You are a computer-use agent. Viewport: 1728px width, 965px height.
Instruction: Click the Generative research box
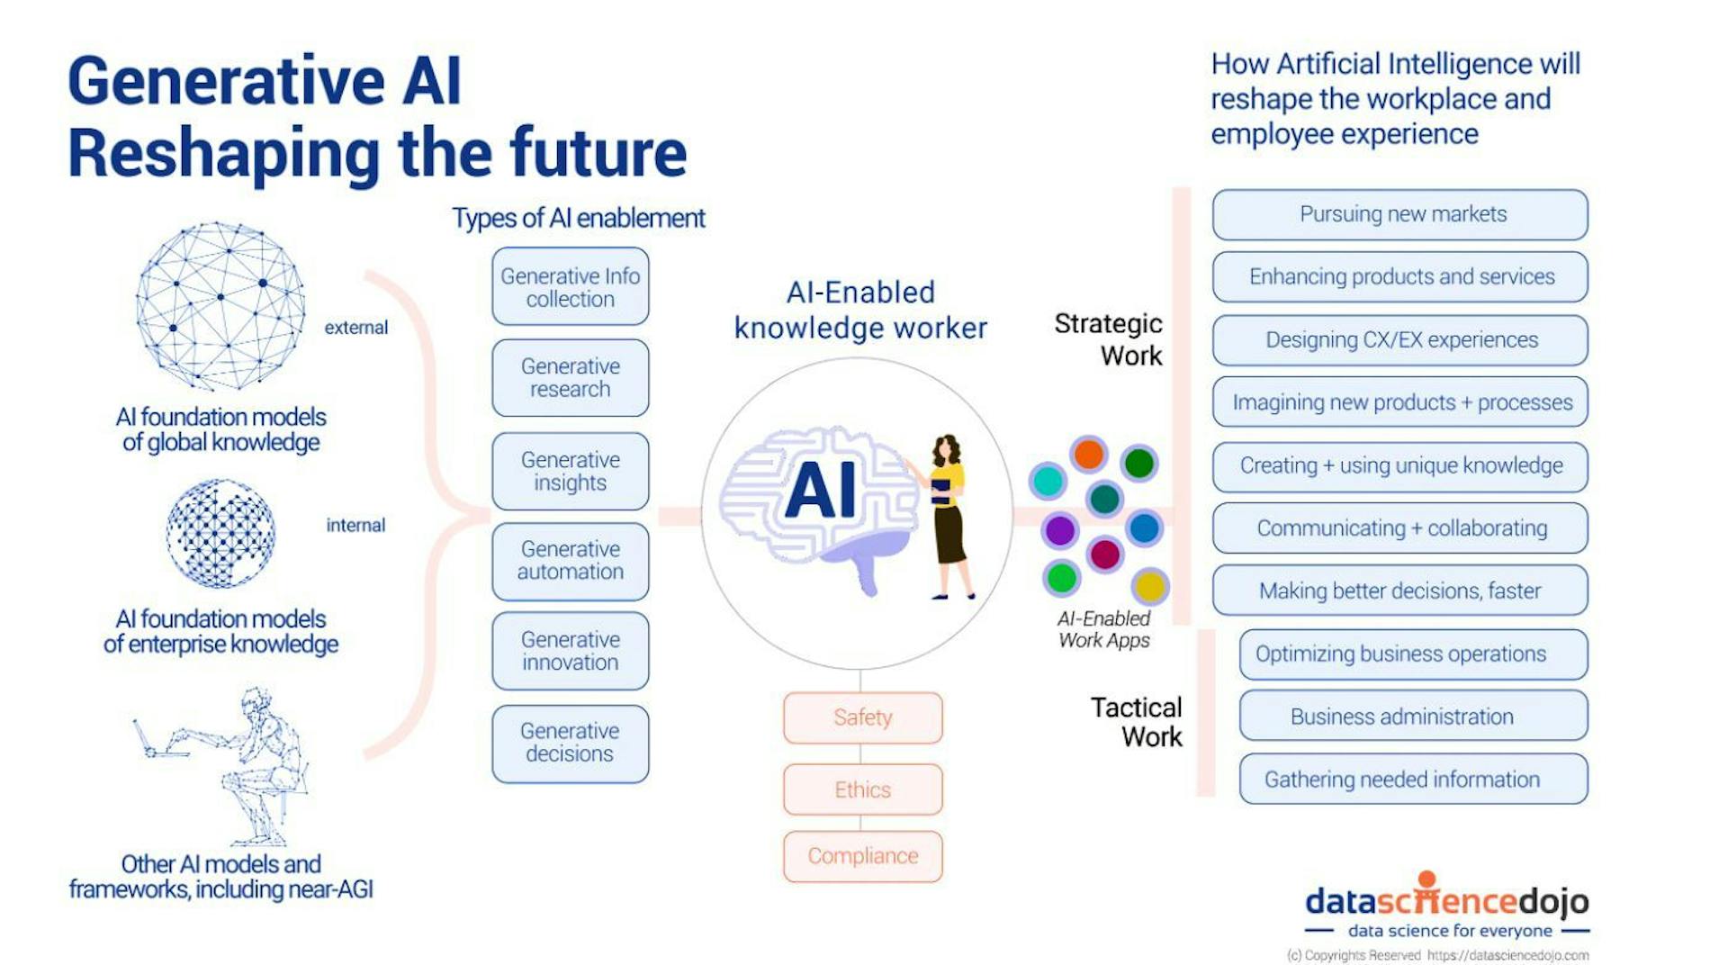tap(570, 378)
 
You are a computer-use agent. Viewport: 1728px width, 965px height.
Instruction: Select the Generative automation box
tap(570, 561)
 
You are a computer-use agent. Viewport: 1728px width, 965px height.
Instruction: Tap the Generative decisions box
tap(570, 743)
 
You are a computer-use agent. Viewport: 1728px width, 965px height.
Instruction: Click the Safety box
tap(862, 717)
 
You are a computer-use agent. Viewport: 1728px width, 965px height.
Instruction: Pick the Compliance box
tap(862, 856)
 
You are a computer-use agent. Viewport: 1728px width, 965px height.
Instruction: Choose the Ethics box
tap(862, 789)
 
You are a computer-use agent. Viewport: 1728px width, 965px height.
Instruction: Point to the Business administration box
tap(1413, 717)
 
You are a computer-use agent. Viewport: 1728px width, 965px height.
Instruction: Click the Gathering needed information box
tap(1413, 780)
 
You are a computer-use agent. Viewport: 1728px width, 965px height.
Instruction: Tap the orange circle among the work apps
tap(1088, 454)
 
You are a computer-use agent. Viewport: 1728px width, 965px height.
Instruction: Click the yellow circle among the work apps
tap(1149, 587)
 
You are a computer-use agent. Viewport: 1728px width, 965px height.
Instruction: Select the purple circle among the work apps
tap(1059, 530)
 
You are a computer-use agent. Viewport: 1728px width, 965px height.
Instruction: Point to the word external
tap(356, 328)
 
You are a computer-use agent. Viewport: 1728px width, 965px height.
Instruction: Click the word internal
tap(355, 526)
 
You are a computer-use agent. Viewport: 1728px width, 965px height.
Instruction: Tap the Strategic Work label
tap(1109, 339)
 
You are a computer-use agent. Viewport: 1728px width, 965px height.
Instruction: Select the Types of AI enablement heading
tap(578, 219)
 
